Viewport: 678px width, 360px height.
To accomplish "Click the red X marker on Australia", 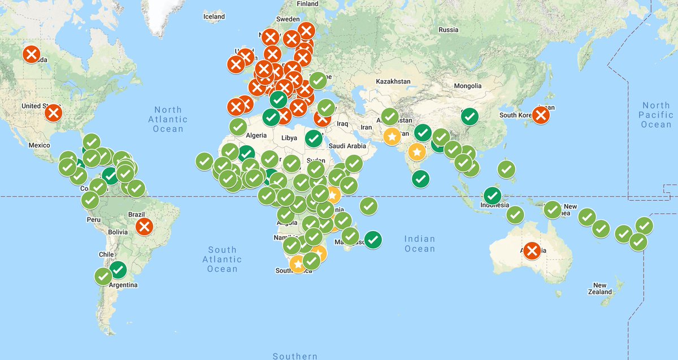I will tap(532, 250).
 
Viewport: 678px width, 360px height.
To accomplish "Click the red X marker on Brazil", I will tap(145, 227).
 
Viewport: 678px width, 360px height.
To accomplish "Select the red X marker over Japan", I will tap(541, 115).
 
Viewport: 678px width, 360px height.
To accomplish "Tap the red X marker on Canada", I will tap(32, 55).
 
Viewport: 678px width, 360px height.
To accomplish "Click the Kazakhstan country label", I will tap(393, 81).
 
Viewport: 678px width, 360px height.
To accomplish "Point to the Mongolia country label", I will tap(468, 86).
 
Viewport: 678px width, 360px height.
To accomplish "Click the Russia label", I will tap(448, 29).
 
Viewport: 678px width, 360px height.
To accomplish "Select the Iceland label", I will tap(214, 17).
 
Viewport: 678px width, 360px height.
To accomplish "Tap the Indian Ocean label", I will tap(420, 244).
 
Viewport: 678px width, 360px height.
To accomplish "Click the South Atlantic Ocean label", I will tap(222, 259).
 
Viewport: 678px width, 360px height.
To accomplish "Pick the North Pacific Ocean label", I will tap(656, 115).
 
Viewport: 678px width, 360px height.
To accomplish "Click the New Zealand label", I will tap(599, 288).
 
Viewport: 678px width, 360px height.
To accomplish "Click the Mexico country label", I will tap(39, 145).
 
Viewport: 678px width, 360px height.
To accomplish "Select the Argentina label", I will tap(123, 285).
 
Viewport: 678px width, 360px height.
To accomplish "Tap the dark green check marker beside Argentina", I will tap(118, 270).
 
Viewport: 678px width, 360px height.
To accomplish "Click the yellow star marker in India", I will tap(417, 152).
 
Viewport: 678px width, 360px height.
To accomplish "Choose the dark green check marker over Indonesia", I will tap(493, 196).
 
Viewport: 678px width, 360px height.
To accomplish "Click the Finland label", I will tap(308, 3).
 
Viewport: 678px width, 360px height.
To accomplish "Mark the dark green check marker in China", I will tap(470, 117).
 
